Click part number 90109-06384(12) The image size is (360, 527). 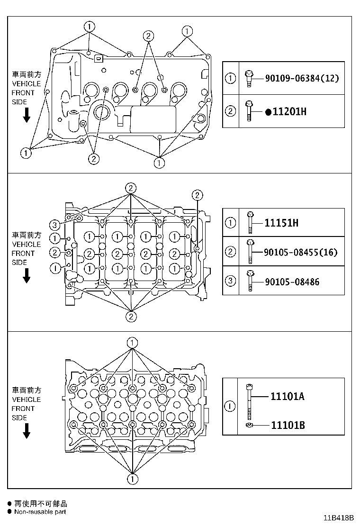click(302, 78)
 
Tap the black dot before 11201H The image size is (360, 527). click(268, 112)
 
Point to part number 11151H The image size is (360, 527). click(281, 223)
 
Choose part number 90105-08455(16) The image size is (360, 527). click(301, 252)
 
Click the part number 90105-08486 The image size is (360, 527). click(292, 282)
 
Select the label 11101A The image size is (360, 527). click(288, 396)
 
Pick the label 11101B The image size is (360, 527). click(288, 425)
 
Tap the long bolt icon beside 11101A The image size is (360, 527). click(249, 397)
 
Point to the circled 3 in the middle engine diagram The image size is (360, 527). click(55, 224)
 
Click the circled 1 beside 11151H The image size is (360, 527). click(231, 223)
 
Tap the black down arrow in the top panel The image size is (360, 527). click(27, 115)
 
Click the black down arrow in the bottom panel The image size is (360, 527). click(27, 430)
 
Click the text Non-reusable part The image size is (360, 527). click(40, 512)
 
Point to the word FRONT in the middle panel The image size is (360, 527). click(23, 253)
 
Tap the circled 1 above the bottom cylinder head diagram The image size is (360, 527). click(133, 342)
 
